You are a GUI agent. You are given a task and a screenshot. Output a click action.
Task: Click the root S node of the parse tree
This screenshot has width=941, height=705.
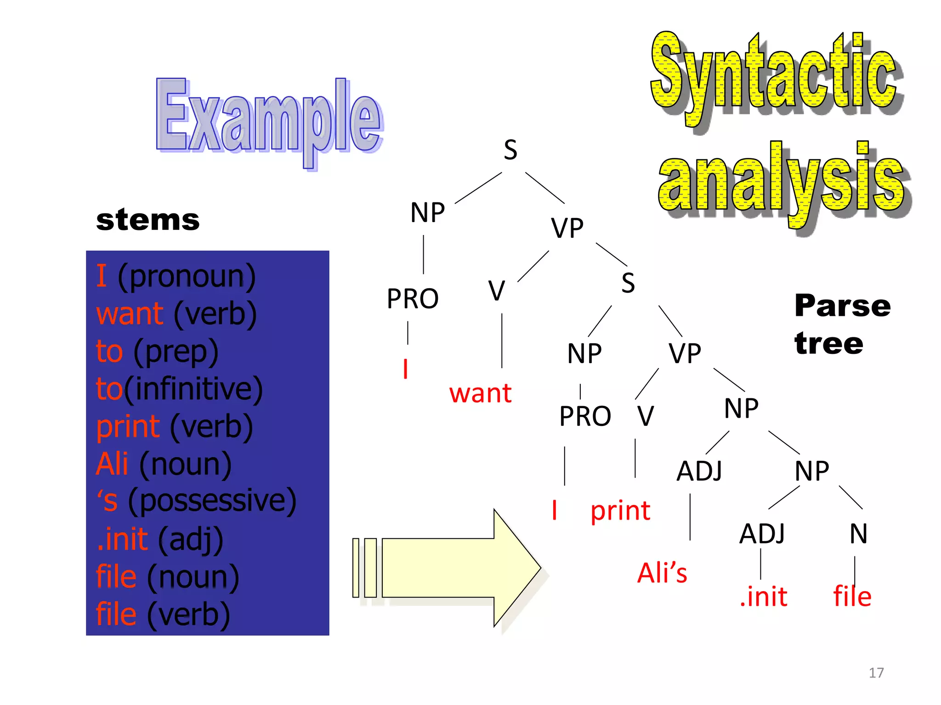pyautogui.click(x=510, y=150)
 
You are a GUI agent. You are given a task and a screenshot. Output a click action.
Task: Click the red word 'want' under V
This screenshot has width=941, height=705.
pyautogui.click(x=480, y=393)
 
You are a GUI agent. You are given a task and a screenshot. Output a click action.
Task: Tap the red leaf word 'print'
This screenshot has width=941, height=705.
pyautogui.click(x=620, y=511)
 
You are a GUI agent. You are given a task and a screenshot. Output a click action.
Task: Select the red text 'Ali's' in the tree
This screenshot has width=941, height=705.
pyautogui.click(x=662, y=573)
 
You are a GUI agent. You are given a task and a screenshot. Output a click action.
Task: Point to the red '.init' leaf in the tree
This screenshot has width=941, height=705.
pyautogui.click(x=763, y=597)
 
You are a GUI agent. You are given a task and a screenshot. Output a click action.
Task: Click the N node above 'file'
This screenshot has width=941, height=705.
pyautogui.click(x=858, y=534)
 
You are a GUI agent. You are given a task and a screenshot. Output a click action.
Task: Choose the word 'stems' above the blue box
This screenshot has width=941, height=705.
pyautogui.click(x=148, y=220)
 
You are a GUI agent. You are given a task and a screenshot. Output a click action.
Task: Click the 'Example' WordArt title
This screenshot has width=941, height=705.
pyautogui.click(x=269, y=120)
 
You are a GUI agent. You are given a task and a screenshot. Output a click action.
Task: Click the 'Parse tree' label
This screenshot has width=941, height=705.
pyautogui.click(x=842, y=324)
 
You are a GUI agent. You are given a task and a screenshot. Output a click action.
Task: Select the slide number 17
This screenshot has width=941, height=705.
pyautogui.click(x=876, y=673)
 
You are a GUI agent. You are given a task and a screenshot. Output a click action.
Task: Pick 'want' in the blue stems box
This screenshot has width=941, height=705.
pyautogui.click(x=130, y=314)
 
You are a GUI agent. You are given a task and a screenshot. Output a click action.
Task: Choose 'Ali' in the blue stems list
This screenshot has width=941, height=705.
pyautogui.click(x=112, y=464)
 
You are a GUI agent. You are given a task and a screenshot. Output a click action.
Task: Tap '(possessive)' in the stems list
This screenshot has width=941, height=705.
pyautogui.click(x=212, y=501)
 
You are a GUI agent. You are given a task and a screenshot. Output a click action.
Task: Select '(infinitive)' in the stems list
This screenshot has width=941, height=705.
pyautogui.click(x=193, y=389)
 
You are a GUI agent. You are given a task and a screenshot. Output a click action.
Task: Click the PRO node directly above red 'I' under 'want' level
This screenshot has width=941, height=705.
pyautogui.click(x=412, y=299)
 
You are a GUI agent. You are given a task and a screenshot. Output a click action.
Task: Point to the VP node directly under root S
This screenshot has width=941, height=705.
pyautogui.click(x=567, y=228)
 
